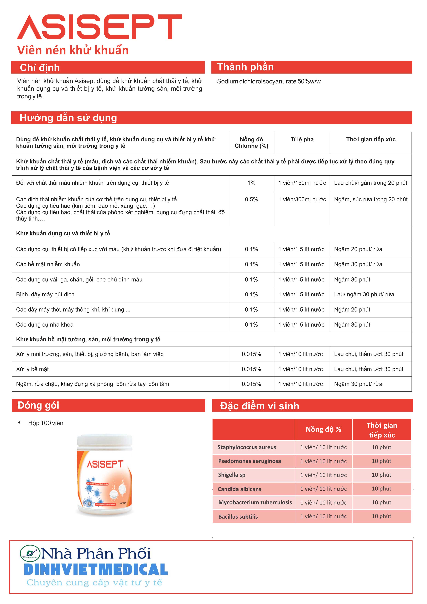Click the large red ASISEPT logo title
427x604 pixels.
tap(99, 27)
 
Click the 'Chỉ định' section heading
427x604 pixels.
tap(40, 68)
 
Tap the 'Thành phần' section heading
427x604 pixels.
tap(245, 67)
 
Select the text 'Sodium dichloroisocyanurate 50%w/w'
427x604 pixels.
tap(269, 81)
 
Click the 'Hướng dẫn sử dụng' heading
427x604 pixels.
tap(68, 118)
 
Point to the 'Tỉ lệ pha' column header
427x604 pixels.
tap(302, 140)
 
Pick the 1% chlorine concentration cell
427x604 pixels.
tap(251, 183)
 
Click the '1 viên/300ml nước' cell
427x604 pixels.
tap(302, 199)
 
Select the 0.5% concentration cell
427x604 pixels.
tap(251, 199)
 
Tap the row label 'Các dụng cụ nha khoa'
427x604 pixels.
tap(45, 325)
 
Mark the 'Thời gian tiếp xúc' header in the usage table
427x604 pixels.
tap(371, 140)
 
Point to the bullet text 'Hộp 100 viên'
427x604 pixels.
tap(46, 423)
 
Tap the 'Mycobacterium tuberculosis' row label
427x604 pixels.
tap(255, 502)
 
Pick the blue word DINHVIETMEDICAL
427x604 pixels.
tap(96, 570)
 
